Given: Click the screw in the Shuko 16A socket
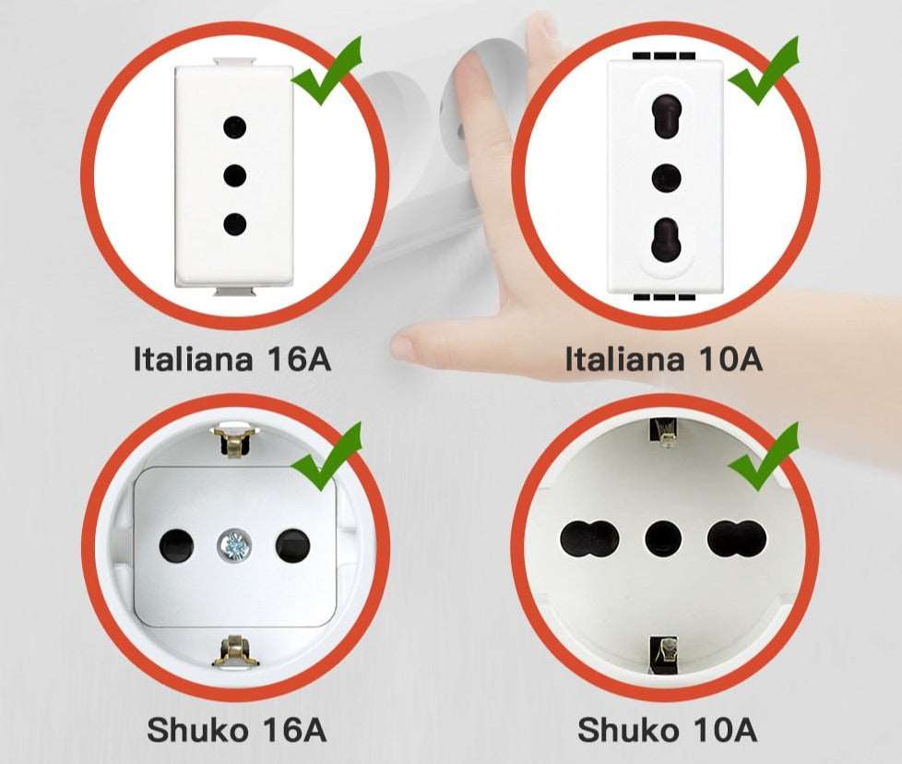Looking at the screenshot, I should (x=235, y=546).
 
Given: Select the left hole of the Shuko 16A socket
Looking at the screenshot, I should (x=177, y=546).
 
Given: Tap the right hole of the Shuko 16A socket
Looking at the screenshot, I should (x=293, y=546).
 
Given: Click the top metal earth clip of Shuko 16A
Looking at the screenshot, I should (x=234, y=441).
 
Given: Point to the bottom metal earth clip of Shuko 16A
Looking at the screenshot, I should (x=234, y=651).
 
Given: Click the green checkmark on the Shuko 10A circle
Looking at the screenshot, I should (x=762, y=458).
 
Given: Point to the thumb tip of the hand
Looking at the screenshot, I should (x=403, y=348).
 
